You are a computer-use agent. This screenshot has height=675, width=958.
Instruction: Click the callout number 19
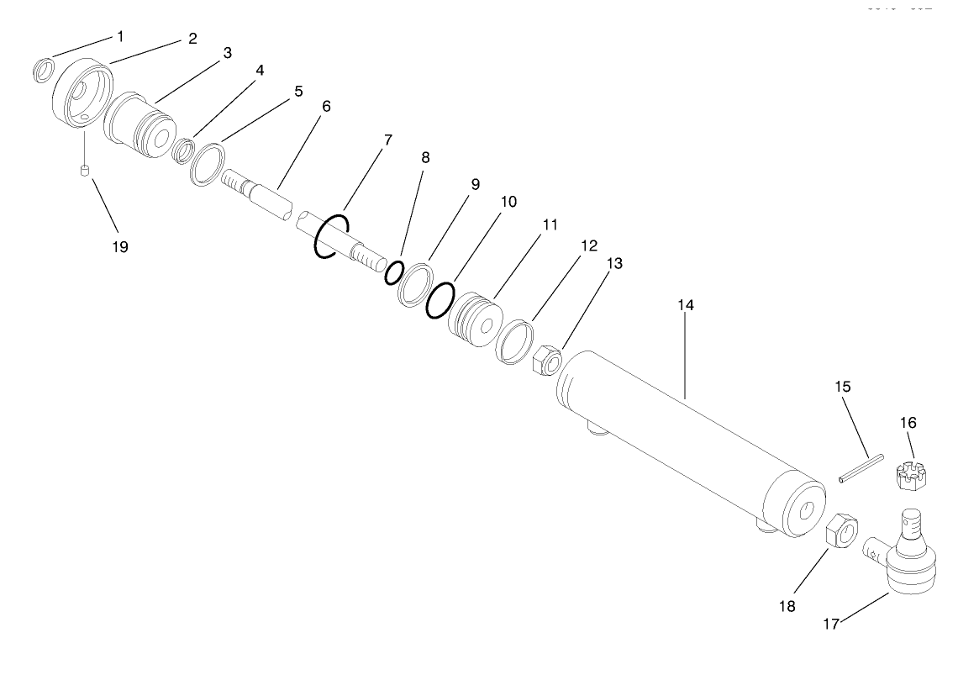[x=120, y=247]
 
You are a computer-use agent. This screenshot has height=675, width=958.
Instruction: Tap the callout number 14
[x=686, y=305]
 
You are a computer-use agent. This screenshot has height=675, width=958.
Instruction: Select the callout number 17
[x=830, y=625]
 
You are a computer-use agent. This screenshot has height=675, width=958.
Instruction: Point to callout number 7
[x=388, y=140]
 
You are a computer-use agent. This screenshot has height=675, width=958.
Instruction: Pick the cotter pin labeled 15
[x=861, y=468]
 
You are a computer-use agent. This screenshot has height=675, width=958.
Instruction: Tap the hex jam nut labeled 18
[x=842, y=531]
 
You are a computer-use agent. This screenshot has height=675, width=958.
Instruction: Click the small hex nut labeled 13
[x=545, y=361]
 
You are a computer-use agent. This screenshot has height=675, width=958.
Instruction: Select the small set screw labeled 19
[x=84, y=172]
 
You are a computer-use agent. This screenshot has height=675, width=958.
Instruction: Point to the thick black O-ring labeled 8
[x=393, y=273]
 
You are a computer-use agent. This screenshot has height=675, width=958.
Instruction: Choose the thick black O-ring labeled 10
[x=439, y=299]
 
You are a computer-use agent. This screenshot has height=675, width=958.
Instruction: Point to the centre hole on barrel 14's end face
[x=808, y=511]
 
